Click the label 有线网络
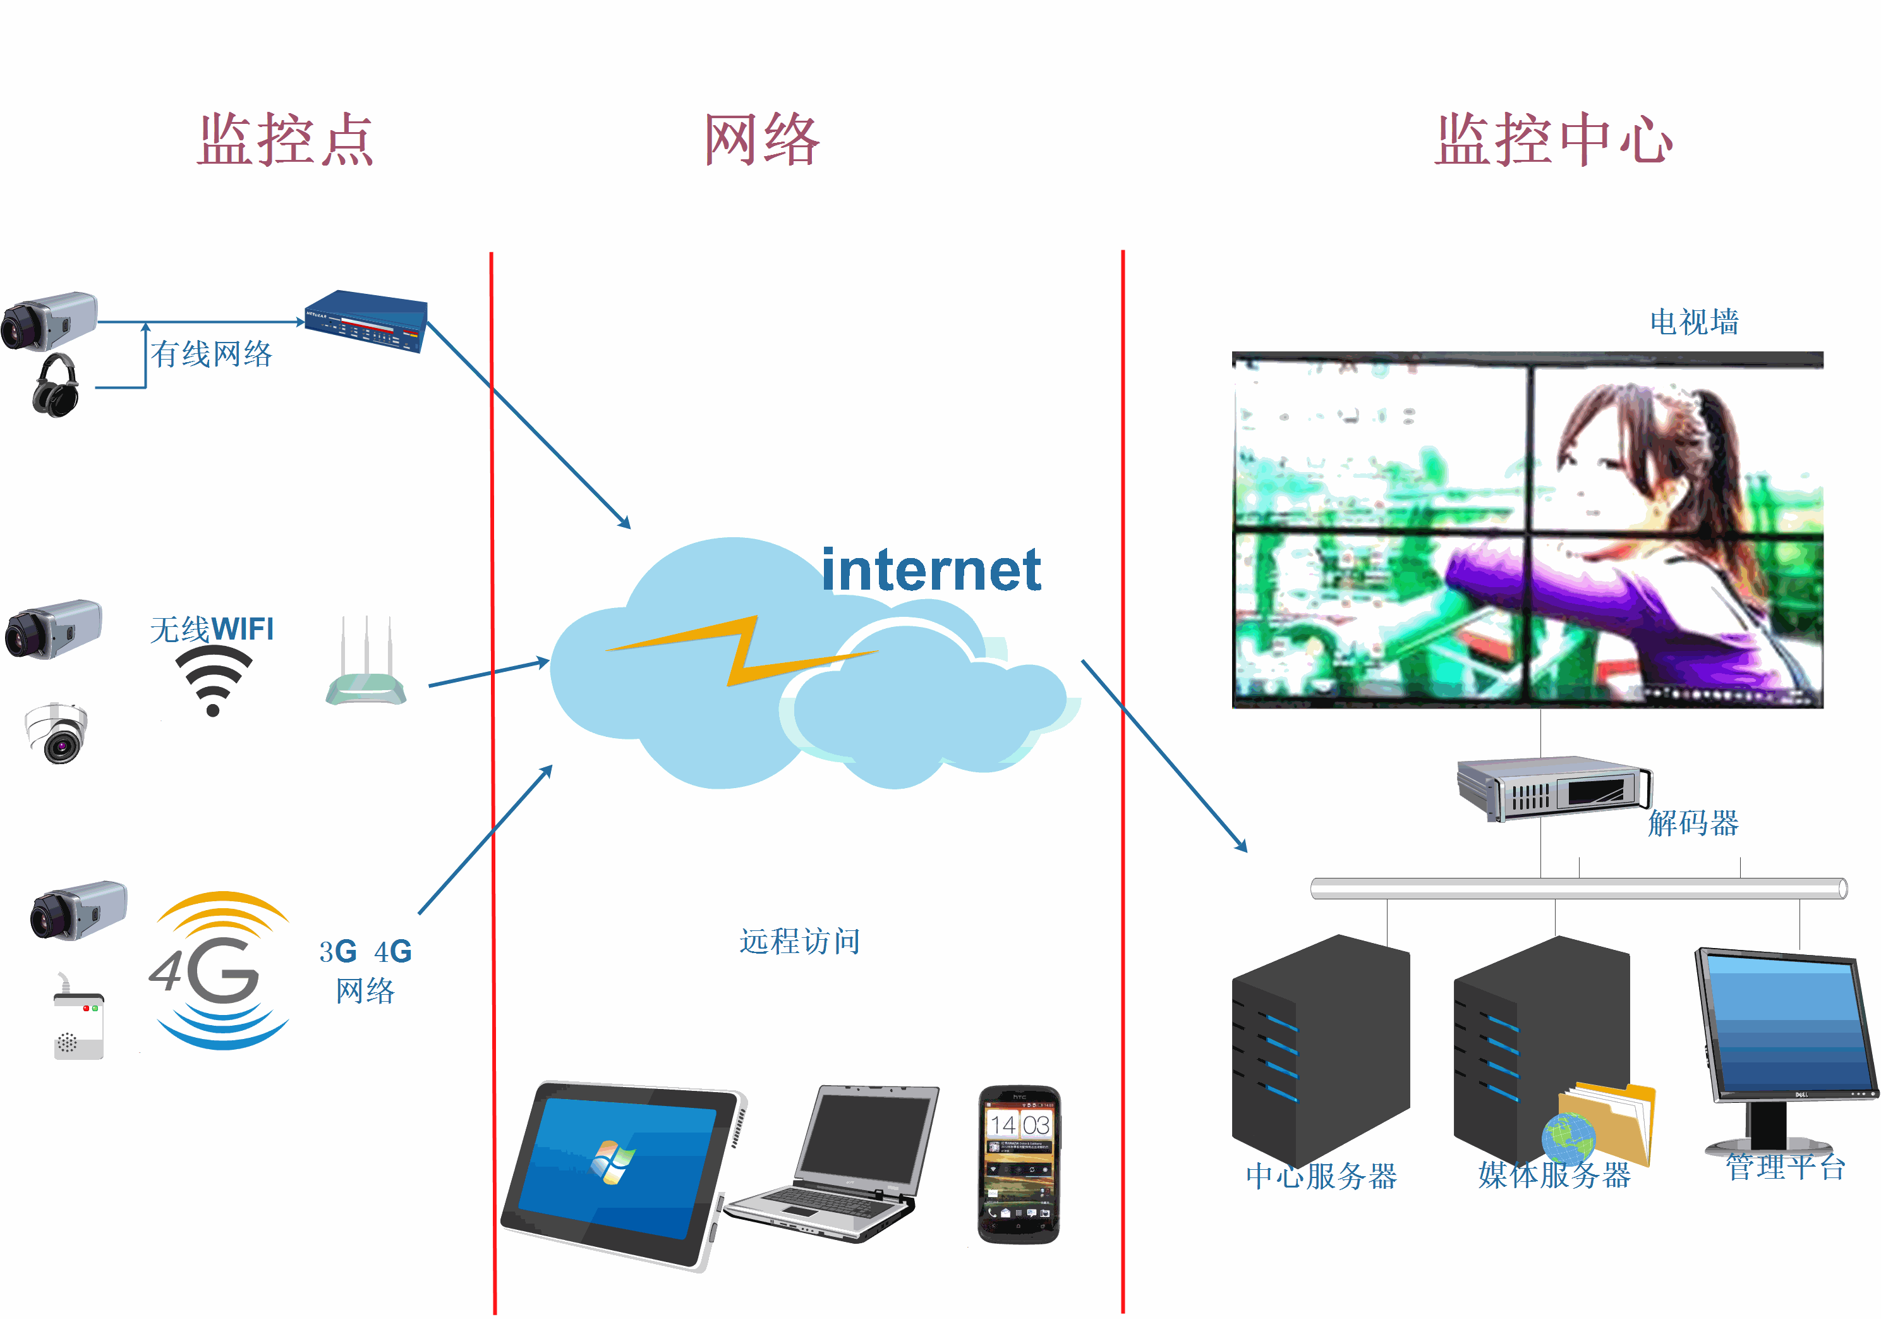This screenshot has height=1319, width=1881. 212,354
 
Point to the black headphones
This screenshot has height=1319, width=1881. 56,386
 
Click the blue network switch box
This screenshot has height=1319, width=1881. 366,321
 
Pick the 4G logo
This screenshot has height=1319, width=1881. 219,971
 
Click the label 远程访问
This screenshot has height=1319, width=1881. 799,941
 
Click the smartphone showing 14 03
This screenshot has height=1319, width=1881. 1019,1164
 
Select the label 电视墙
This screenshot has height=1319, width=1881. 1694,322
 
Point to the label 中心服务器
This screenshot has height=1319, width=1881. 1321,1176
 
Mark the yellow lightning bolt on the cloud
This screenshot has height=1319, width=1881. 741,650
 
